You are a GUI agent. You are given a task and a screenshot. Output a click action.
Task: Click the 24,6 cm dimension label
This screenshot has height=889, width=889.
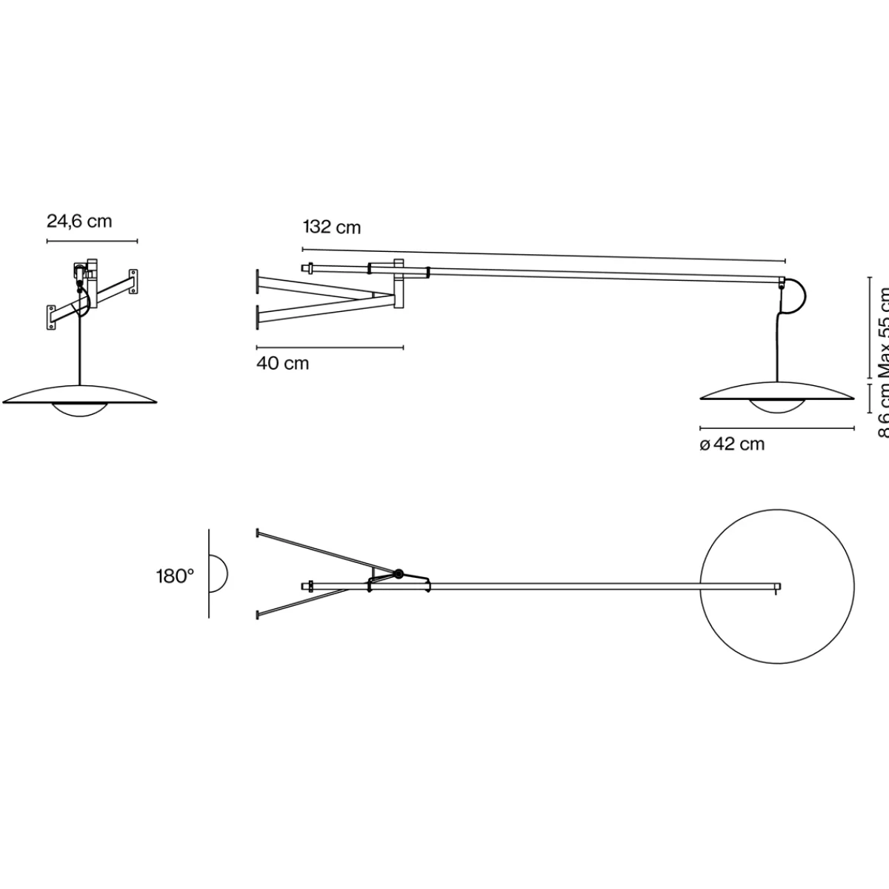click(79, 221)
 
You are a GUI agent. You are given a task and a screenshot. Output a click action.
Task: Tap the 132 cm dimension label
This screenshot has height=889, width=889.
click(332, 227)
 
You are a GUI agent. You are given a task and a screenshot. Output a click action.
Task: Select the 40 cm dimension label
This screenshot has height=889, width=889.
click(282, 364)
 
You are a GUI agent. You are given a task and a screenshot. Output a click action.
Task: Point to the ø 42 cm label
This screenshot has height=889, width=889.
click(732, 444)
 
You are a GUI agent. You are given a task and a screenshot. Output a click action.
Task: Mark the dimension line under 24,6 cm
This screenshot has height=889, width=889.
click(92, 241)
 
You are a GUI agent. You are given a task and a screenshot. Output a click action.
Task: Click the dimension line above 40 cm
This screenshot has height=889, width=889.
click(330, 347)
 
